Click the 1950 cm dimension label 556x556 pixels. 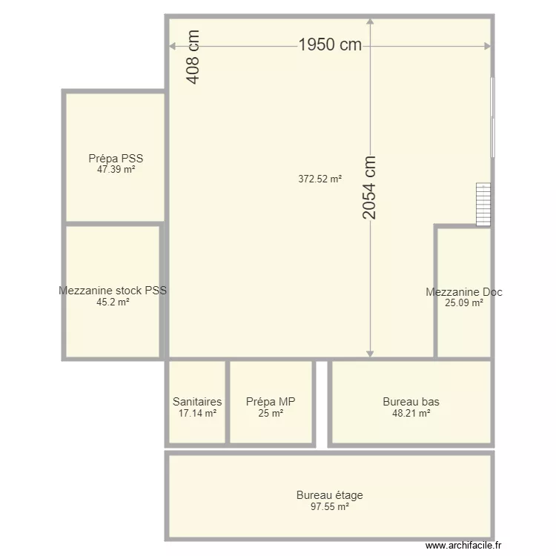click(330, 45)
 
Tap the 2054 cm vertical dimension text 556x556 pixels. click(369, 188)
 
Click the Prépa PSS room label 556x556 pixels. click(116, 159)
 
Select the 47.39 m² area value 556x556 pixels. click(116, 170)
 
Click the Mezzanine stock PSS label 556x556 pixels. click(113, 291)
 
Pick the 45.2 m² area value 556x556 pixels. click(113, 302)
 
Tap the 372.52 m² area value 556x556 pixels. click(320, 179)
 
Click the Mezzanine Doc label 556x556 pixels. click(464, 292)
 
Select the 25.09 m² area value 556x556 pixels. click(464, 303)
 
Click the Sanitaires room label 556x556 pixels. click(197, 402)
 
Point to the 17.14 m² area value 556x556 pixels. click(197, 414)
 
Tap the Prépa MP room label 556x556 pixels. click(271, 402)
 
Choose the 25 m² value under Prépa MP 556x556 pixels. click(271, 414)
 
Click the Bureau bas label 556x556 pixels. click(411, 402)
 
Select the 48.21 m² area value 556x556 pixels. click(411, 414)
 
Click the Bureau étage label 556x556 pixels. click(330, 495)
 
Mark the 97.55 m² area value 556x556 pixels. click(330, 507)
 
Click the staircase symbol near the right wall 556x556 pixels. click(483, 205)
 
